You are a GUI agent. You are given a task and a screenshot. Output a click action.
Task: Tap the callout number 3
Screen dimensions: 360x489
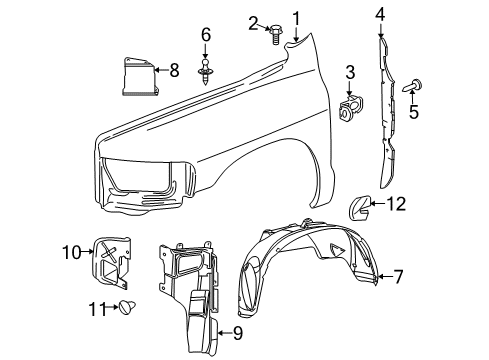(351, 71)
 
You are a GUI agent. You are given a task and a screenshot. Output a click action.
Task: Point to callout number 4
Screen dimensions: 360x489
(380, 14)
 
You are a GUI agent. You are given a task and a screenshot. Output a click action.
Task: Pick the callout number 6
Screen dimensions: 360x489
(205, 36)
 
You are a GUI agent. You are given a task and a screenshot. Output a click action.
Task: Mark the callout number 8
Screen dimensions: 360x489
(173, 70)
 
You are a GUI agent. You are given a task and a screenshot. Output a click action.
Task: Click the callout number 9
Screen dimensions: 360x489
(237, 332)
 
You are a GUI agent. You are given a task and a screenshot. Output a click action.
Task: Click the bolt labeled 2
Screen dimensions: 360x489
(270, 36)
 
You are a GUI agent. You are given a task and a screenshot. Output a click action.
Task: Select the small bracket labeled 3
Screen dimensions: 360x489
(352, 104)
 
